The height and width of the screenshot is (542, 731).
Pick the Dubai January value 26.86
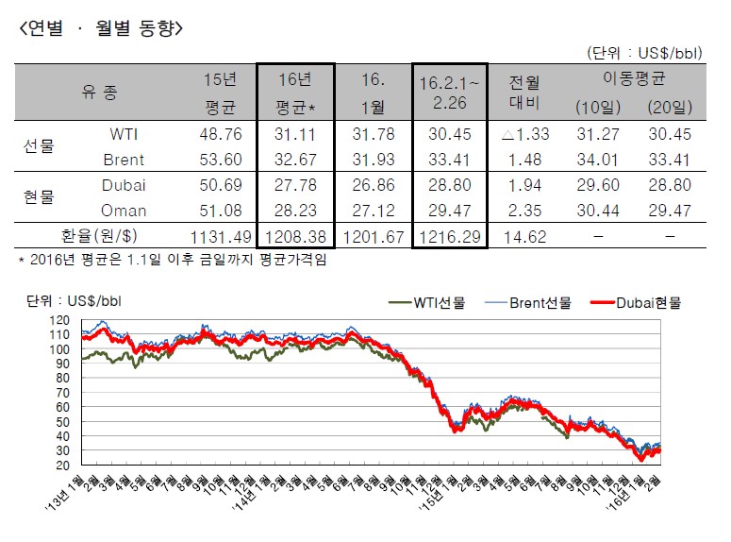[372, 185]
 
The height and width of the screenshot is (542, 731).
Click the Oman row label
[125, 210]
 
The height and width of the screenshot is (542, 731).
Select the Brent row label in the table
[125, 160]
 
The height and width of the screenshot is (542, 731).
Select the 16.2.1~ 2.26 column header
[449, 93]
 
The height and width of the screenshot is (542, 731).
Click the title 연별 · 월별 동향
[101, 29]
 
